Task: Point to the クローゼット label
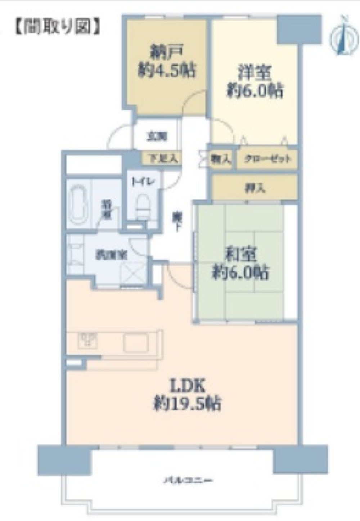point(267,159)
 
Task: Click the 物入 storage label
point(221,159)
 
